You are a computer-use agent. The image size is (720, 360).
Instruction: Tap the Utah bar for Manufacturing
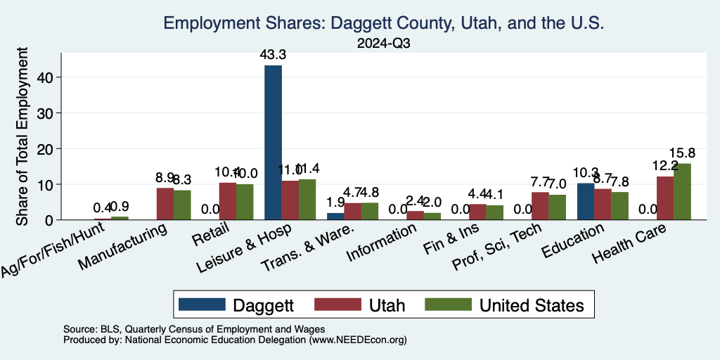pos(165,204)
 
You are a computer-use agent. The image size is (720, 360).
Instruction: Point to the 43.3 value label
pos(273,54)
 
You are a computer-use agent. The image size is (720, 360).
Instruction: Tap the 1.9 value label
pos(335,201)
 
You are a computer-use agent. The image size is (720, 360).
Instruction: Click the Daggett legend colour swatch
pos(202,304)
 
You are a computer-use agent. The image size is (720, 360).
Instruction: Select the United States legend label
pos(532,305)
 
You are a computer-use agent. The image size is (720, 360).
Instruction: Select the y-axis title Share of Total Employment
pos(22,137)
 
